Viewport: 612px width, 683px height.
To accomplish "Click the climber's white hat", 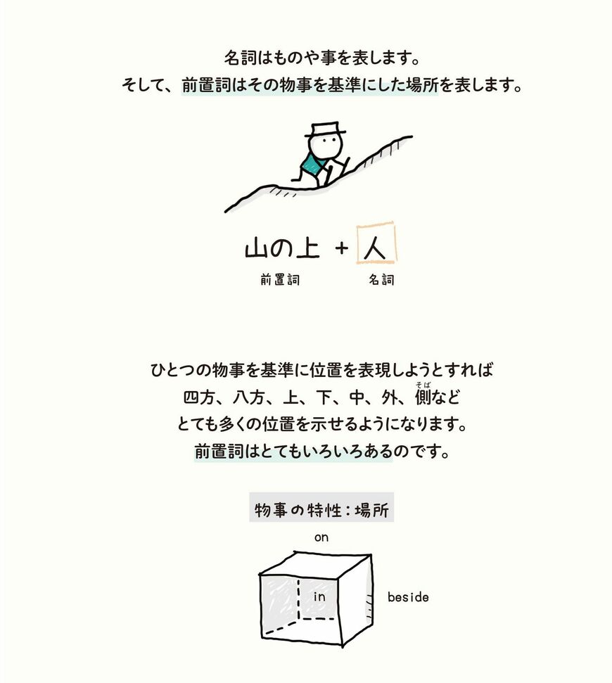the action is click(326, 129).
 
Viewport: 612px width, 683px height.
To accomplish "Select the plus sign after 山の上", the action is click(342, 248).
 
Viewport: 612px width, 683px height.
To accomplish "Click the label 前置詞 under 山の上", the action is click(280, 279).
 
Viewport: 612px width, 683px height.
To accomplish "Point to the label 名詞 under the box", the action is click(381, 279).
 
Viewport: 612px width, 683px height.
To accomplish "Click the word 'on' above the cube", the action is click(321, 537).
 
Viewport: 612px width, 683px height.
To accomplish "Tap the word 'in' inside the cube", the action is click(319, 596).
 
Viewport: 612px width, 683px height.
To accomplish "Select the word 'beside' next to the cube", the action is click(408, 596).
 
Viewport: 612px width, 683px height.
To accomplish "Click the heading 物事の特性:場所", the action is click(321, 509).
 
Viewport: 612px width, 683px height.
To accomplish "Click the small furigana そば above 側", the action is click(423, 384).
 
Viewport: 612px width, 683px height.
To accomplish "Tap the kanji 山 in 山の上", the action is click(256, 248).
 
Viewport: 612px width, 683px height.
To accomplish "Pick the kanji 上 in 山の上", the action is click(308, 248).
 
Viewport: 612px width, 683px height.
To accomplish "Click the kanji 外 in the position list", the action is click(388, 397).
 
